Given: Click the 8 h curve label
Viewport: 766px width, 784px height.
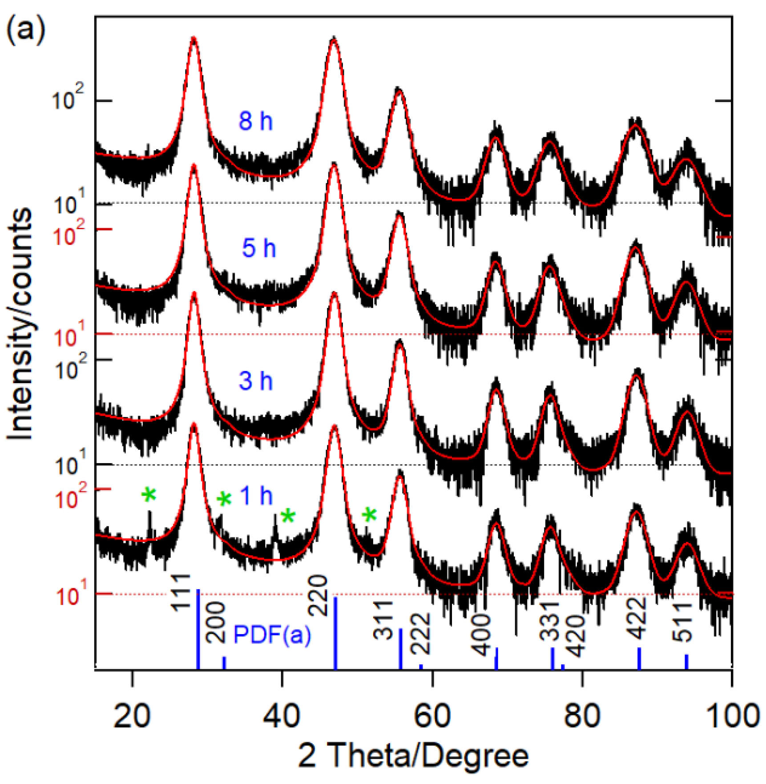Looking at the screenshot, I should point(255,121).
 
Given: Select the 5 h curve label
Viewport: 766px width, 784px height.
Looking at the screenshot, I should point(258,248).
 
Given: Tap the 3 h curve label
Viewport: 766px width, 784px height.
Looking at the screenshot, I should point(255,381).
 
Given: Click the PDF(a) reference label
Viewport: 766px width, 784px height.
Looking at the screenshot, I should point(272,634).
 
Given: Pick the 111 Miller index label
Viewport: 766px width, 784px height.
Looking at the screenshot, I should point(181,593).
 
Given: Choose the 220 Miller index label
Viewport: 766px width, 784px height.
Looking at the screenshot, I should point(318,595).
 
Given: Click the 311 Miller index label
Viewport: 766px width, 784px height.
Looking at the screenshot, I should point(383,620).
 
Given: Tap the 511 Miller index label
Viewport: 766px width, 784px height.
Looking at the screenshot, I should point(682,622).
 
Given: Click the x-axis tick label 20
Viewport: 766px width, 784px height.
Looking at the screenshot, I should point(132,717).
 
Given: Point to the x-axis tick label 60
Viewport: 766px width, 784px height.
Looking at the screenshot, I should point(432,717).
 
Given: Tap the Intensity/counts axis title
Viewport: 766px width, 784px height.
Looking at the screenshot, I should point(20,324).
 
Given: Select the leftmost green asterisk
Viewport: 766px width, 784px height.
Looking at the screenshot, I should point(149,494).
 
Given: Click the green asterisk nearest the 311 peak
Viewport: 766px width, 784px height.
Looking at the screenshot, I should point(369,515).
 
